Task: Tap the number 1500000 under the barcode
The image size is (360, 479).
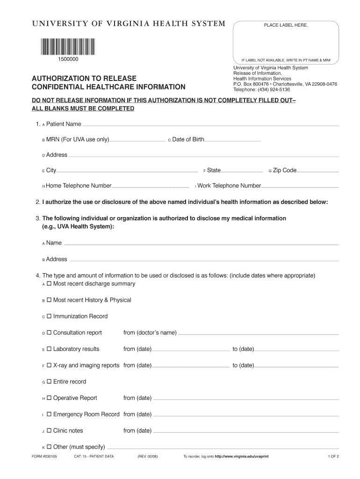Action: coord(68,59)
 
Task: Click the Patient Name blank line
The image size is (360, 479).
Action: coord(210,125)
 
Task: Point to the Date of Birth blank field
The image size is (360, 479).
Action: coord(232,140)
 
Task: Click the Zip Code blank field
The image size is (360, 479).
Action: coord(318,171)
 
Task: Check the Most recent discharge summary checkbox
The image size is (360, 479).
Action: coord(49,284)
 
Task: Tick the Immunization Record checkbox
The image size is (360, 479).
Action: coord(49,317)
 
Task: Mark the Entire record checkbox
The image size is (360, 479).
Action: coord(49,382)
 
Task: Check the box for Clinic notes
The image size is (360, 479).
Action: coord(49,431)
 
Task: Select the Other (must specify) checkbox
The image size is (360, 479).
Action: coord(49,447)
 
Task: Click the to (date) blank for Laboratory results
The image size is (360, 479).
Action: coord(296,350)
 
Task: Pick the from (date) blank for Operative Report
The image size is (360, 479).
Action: coord(245,399)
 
